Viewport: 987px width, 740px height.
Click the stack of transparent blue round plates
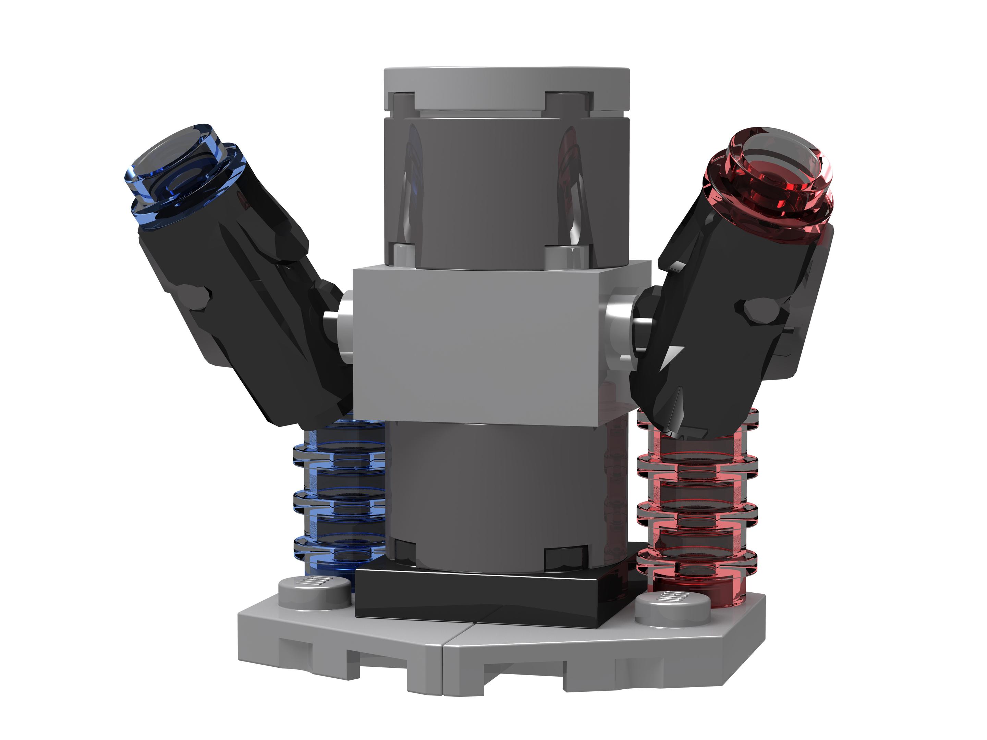(339, 500)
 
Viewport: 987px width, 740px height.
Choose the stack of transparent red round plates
(696, 504)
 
